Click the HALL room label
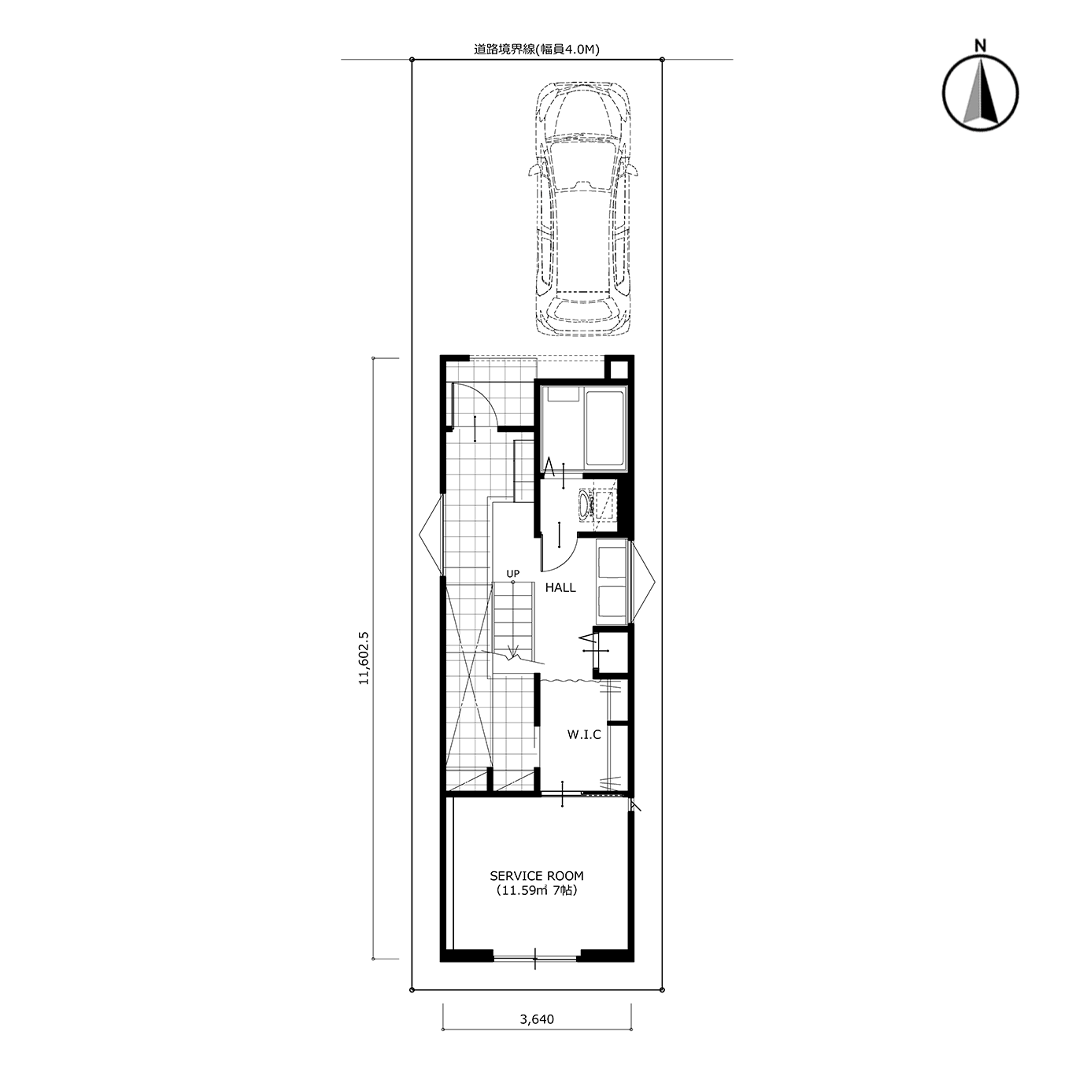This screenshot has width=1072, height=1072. (560, 587)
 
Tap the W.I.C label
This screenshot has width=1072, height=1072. (584, 734)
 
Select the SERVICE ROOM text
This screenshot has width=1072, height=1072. (537, 876)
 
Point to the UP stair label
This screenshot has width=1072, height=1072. (513, 574)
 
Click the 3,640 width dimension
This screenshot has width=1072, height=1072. (537, 1035)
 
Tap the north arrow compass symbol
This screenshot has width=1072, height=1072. (981, 93)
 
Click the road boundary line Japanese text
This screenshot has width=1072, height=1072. (536, 50)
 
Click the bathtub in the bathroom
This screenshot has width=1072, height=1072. (606, 428)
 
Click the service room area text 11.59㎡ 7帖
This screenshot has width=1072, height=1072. (537, 891)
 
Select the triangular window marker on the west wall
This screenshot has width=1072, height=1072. (431, 536)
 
